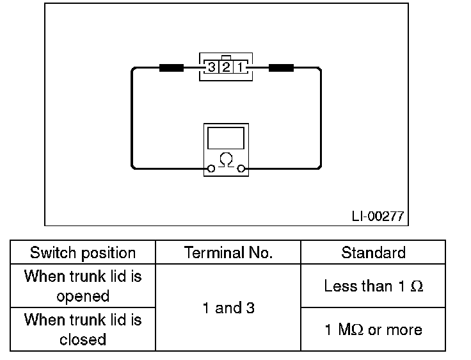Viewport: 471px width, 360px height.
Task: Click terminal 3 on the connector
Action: click(211, 67)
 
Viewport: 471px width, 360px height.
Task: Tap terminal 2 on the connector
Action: click(226, 67)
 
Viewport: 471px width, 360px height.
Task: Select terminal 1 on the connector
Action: click(240, 67)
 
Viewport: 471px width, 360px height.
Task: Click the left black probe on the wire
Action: click(171, 67)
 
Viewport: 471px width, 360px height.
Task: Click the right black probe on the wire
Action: click(281, 67)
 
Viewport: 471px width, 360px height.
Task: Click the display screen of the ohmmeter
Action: click(226, 138)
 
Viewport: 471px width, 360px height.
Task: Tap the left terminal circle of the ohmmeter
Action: click(210, 169)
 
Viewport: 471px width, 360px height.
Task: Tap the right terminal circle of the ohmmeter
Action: click(241, 169)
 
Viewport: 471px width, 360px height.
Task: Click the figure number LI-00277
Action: click(378, 216)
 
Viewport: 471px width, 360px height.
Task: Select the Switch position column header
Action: click(83, 252)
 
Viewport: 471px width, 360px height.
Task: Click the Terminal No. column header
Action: click(228, 252)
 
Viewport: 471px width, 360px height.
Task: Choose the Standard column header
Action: click(373, 252)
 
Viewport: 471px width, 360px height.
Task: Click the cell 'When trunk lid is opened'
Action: click(83, 286)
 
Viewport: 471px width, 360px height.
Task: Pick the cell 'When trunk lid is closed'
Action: click(83, 329)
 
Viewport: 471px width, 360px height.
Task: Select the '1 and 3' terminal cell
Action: click(228, 308)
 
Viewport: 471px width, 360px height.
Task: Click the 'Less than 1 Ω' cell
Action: click(373, 286)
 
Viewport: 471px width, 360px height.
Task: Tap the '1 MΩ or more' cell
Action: click(373, 329)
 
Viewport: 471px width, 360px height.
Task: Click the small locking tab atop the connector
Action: click(226, 56)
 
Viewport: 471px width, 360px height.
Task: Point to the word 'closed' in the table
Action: click(83, 339)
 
